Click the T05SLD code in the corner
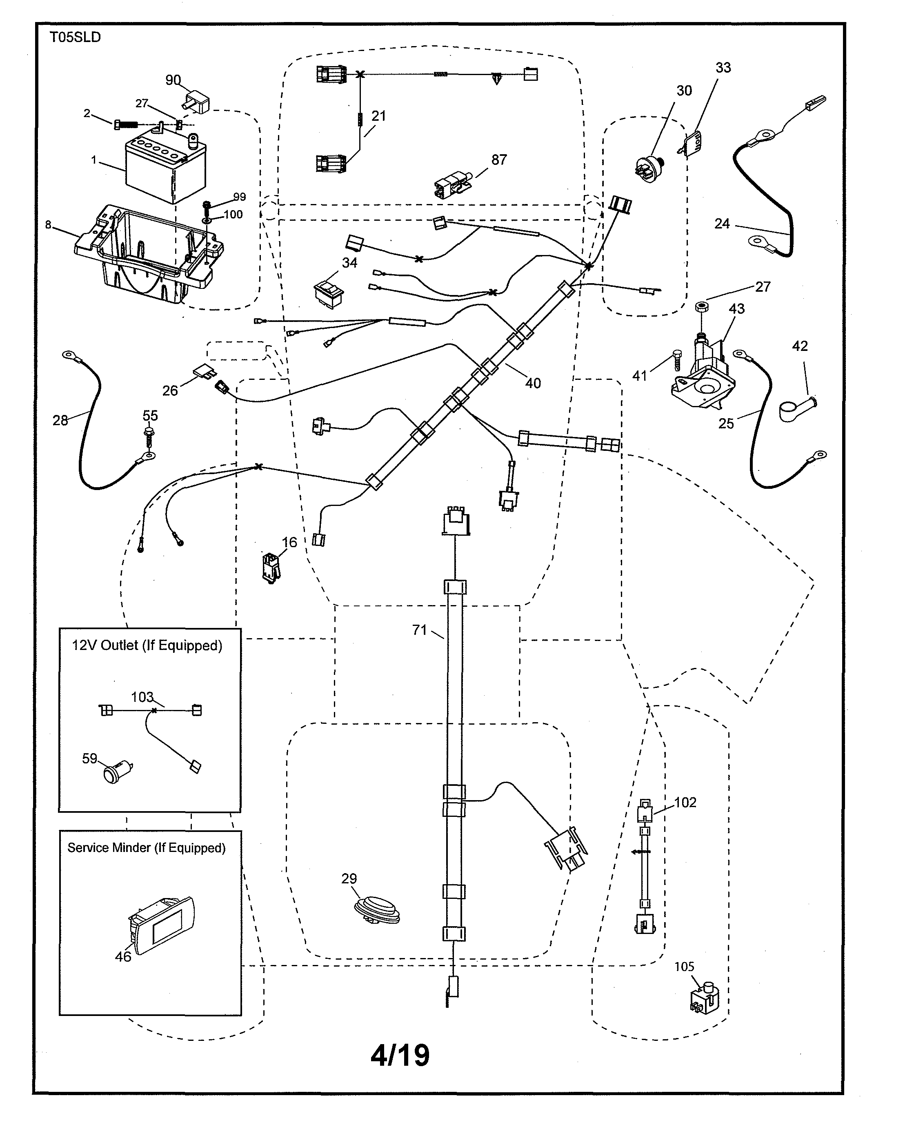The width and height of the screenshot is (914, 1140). click(x=75, y=38)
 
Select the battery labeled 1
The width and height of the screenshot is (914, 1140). click(x=165, y=170)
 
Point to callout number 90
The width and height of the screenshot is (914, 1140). click(x=173, y=80)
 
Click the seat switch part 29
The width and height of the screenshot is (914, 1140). click(x=377, y=909)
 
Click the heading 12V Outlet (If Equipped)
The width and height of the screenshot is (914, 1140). click(x=147, y=645)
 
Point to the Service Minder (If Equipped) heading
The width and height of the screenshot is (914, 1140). click(x=147, y=847)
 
